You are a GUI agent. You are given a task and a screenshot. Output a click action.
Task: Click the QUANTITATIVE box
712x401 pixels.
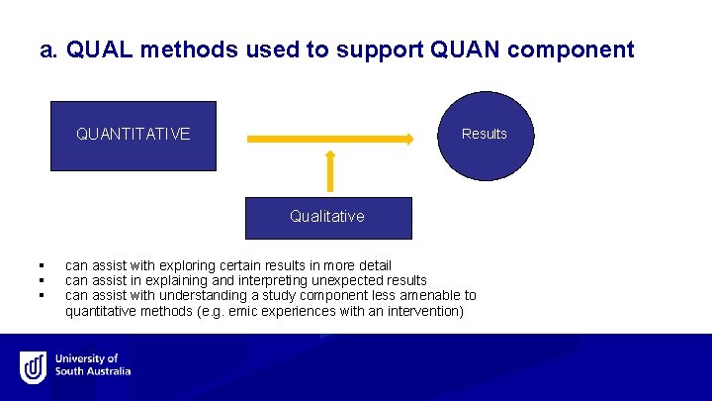click(133, 136)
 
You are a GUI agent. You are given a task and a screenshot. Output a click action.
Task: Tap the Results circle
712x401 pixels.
click(486, 135)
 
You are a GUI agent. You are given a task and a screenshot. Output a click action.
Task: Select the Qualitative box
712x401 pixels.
click(328, 217)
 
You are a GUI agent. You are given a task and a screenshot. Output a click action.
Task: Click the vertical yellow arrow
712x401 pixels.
click(329, 169)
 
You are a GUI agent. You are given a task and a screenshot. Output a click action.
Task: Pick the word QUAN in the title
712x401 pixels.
click(465, 50)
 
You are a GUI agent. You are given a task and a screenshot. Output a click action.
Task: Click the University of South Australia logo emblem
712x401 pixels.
click(34, 366)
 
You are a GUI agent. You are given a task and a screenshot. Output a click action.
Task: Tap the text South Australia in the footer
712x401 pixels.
click(93, 372)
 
